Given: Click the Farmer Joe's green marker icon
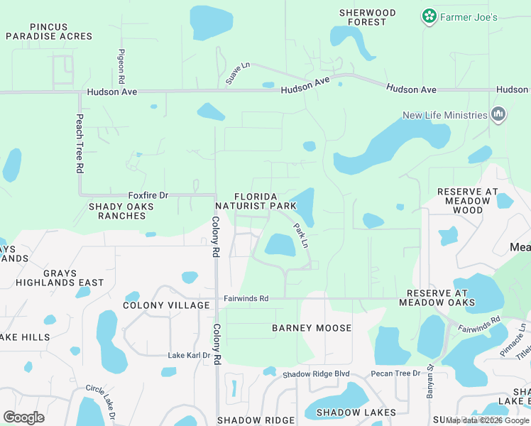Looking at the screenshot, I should (429, 16).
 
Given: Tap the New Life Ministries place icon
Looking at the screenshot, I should (498, 114).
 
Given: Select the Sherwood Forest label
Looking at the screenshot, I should (367, 17).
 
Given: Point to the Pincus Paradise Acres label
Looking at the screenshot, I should (49, 31).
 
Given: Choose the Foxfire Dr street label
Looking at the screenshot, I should (148, 195).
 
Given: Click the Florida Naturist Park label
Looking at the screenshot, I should (265, 201).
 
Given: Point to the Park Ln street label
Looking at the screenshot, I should (301, 235).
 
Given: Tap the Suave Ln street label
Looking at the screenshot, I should (238, 73).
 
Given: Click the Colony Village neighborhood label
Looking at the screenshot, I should (166, 305).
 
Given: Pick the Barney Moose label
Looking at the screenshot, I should (312, 328).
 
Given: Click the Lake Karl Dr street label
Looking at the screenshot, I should (189, 356).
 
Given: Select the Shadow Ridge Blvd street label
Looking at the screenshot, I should (316, 374).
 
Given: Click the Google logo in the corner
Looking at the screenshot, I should (23, 417).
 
